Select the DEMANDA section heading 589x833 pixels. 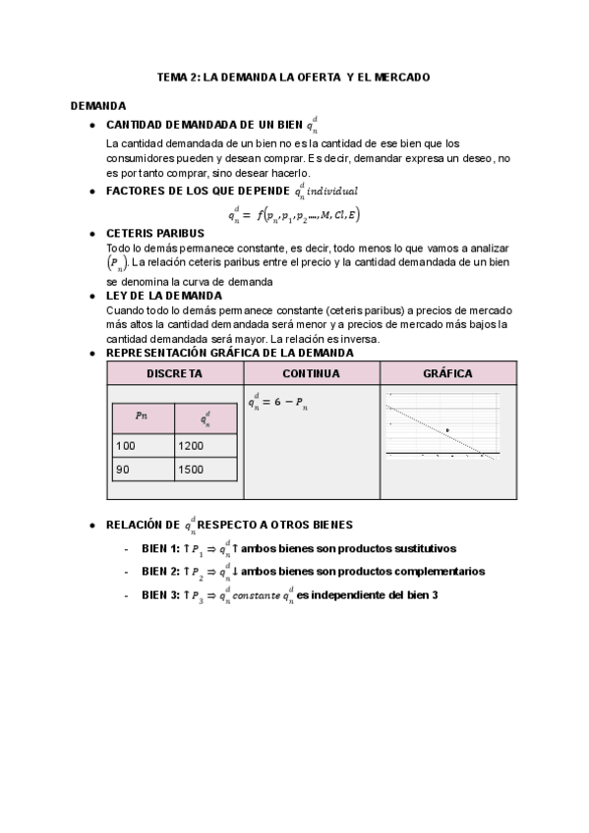tap(98, 105)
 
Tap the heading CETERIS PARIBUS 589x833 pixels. tap(154, 233)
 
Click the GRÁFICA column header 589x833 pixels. tap(447, 373)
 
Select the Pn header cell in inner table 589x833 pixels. tap(143, 416)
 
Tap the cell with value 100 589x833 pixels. tap(143, 445)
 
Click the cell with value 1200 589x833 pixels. tap(205, 445)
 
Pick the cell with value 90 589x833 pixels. tap(143, 470)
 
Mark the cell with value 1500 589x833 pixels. tap(205, 470)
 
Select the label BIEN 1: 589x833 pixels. tap(160, 548)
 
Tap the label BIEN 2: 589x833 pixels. tap(160, 571)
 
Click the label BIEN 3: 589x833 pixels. tap(160, 595)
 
